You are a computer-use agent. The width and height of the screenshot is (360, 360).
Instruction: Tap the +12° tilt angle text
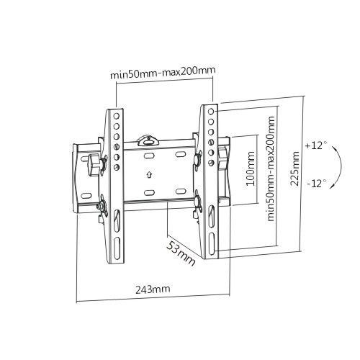pos(315,145)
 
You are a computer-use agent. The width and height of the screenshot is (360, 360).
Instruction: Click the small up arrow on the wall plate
pos(149,174)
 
